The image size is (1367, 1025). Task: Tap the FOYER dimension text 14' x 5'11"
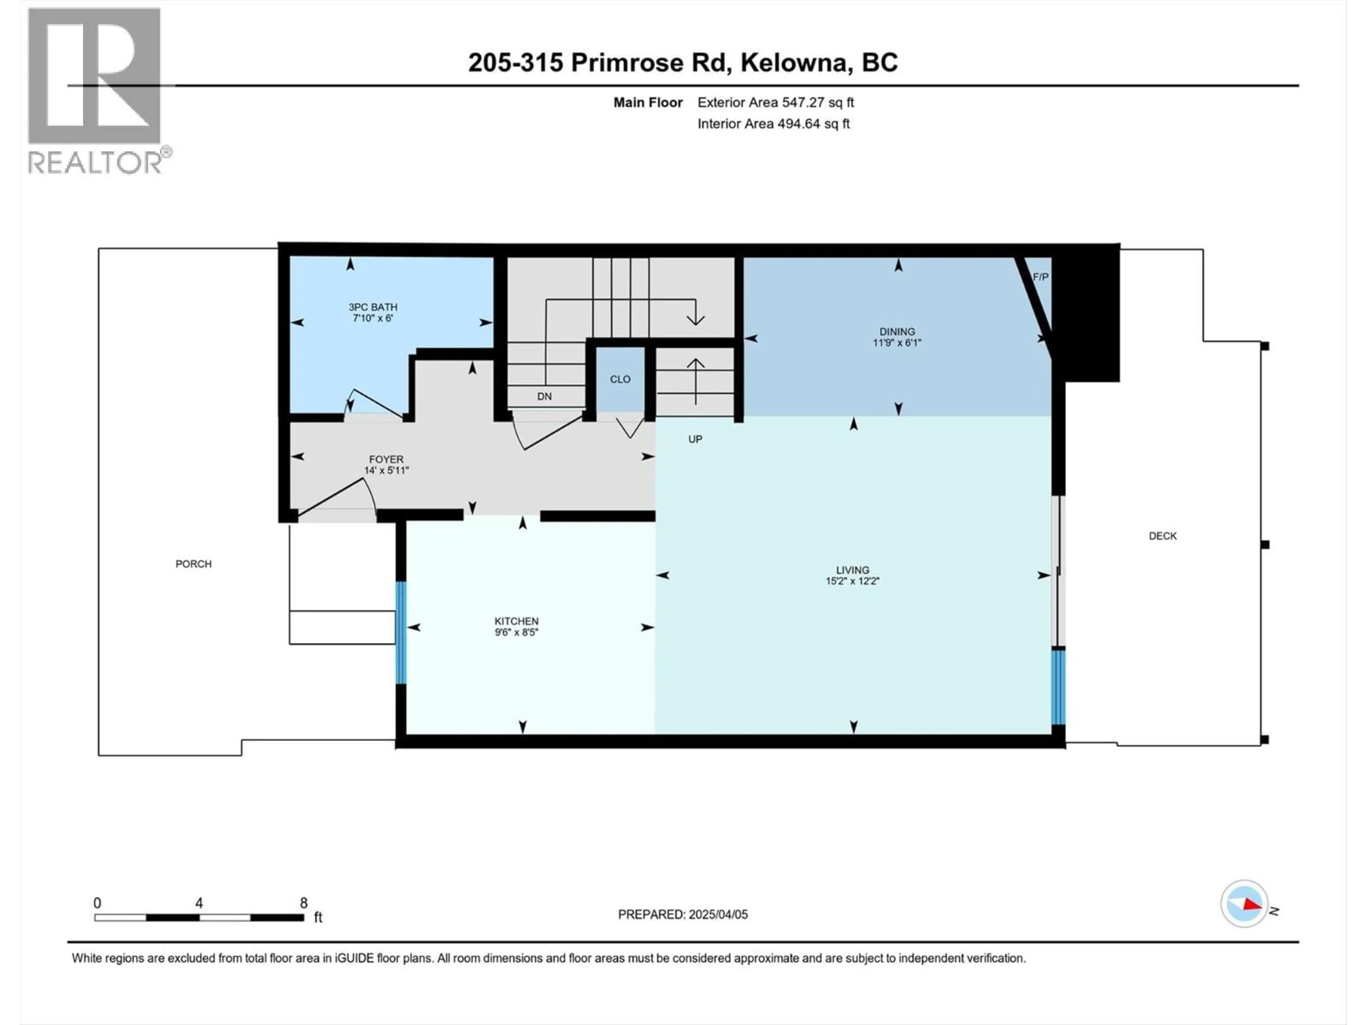point(386,470)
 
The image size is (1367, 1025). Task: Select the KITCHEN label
point(516,621)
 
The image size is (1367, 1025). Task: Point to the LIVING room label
point(852,570)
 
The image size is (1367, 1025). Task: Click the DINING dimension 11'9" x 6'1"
point(897,342)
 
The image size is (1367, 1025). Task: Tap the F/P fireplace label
point(1040,277)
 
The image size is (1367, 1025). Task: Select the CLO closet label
point(620,379)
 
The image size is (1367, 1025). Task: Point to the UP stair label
point(695,439)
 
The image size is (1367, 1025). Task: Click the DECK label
point(1162,536)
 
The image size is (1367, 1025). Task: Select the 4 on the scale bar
point(199,903)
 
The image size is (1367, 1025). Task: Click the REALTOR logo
point(96,91)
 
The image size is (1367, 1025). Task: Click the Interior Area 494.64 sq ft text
point(773,123)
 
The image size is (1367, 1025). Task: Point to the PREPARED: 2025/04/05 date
point(682,914)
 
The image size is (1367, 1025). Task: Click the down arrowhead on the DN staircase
point(695,320)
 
